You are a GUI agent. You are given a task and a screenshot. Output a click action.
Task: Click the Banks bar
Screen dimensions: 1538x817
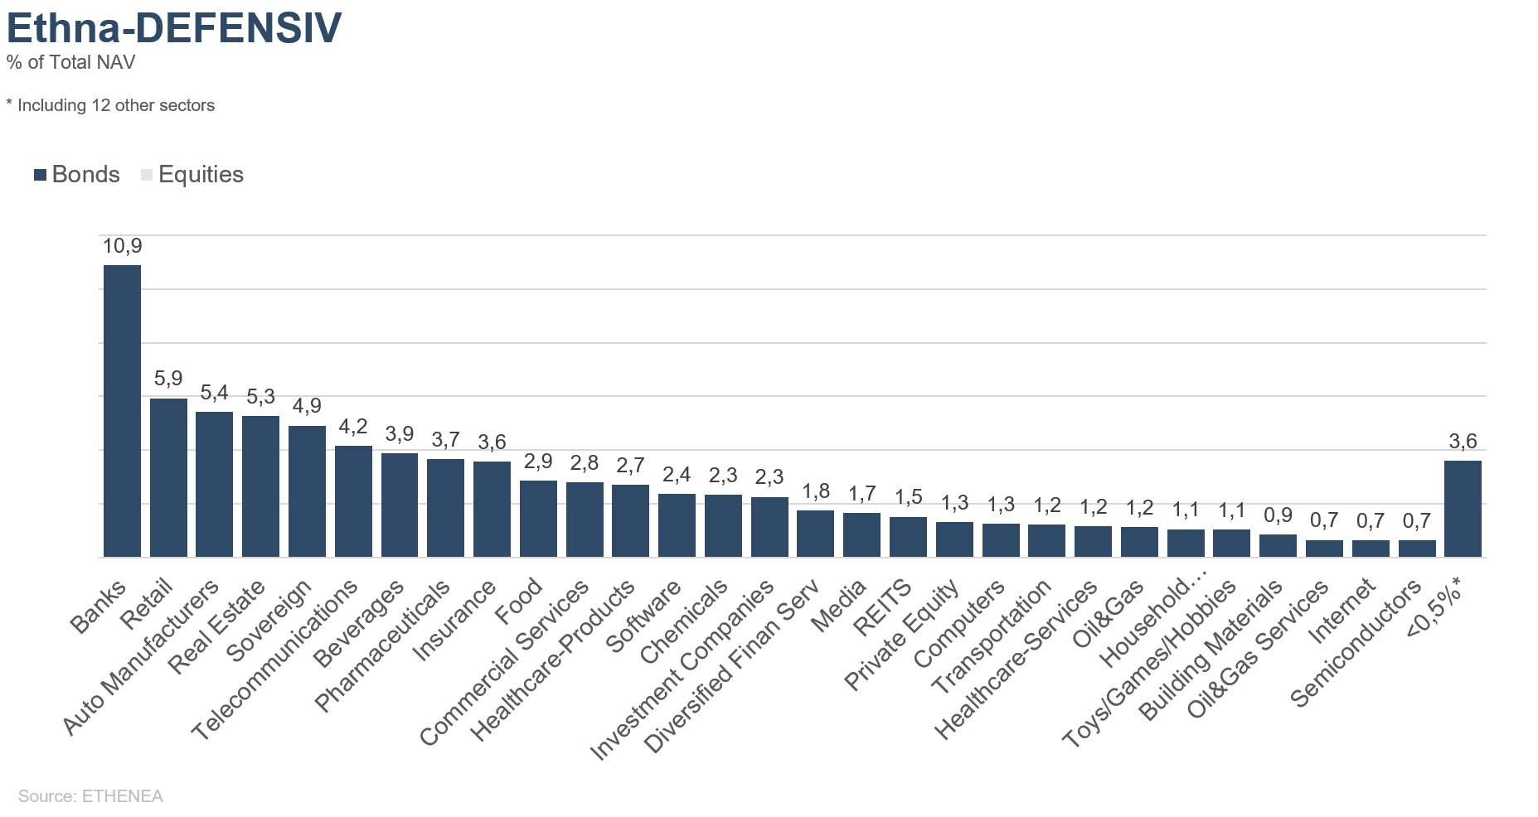pos(122,411)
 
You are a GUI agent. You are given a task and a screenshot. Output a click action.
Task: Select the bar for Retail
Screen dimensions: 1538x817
pos(168,478)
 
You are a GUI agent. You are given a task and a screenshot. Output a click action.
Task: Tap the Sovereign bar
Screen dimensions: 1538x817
pos(307,491)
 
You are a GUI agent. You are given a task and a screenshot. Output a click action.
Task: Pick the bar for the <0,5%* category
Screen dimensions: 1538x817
pos(1463,509)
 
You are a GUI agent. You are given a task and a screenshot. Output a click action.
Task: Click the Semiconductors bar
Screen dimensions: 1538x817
pos(1417,549)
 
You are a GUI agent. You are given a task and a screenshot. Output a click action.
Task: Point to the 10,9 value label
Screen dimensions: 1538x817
pos(122,246)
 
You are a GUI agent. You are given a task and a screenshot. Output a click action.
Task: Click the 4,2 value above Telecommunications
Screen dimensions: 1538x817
pos(353,427)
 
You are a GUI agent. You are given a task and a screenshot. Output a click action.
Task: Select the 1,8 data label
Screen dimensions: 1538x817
pos(816,491)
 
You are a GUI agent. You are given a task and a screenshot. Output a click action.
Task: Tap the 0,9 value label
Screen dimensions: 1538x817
pos(1278,515)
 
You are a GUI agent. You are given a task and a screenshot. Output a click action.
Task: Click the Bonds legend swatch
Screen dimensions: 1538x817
pos(40,175)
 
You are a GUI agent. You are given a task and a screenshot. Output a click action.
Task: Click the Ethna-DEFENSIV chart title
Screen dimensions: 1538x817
pos(174,27)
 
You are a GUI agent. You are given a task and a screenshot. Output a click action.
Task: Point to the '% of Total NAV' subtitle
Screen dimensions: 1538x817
pos(70,63)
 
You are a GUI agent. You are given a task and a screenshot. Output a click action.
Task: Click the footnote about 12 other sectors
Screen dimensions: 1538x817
pos(110,105)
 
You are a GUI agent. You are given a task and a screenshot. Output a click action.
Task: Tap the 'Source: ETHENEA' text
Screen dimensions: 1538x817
pos(90,796)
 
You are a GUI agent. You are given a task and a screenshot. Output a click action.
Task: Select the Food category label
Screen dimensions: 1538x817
pos(520,602)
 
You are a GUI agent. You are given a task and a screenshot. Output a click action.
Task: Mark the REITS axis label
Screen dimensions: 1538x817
pos(884,608)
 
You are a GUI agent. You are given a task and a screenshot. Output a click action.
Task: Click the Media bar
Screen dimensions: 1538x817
pos(861,535)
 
